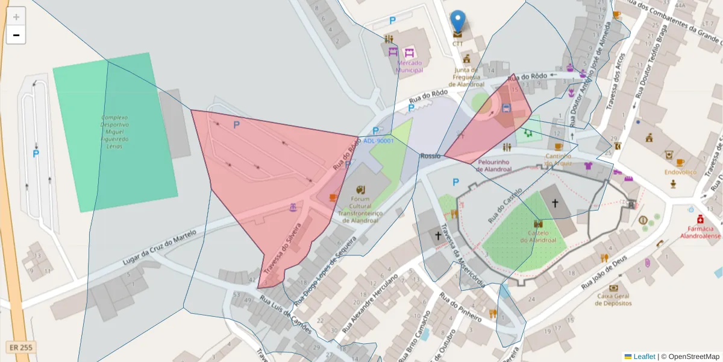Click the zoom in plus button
[x=16, y=17]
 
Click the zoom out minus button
[x=16, y=35]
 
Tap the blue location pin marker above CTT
[x=458, y=22]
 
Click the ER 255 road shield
[x=21, y=348]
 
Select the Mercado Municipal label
[x=409, y=66]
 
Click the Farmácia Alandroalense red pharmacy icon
[x=700, y=219]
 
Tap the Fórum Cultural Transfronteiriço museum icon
[x=360, y=189]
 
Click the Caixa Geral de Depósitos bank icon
[x=613, y=288]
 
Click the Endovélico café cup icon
[x=680, y=162]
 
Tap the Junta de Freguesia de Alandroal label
[x=466, y=77]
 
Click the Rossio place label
[x=430, y=156]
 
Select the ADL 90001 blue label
[x=378, y=141]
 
